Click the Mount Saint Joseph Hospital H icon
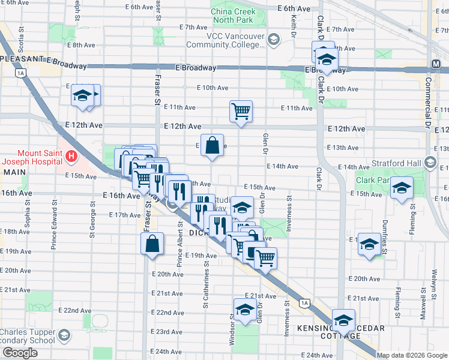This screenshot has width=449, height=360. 71,157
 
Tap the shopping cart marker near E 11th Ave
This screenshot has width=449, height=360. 241,111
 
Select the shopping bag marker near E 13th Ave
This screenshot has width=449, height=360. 212,145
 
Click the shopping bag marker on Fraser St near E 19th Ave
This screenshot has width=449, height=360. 152,243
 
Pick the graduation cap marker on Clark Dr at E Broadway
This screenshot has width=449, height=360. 327,59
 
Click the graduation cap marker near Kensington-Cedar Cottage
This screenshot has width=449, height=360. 344,320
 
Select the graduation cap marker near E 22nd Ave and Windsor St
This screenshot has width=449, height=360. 244,310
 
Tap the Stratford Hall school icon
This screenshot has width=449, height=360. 430,163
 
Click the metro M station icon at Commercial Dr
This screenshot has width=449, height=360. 436,64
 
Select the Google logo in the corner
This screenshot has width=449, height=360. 20,353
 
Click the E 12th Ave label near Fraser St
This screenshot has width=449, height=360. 182,127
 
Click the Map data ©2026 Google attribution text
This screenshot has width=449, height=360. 411,355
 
